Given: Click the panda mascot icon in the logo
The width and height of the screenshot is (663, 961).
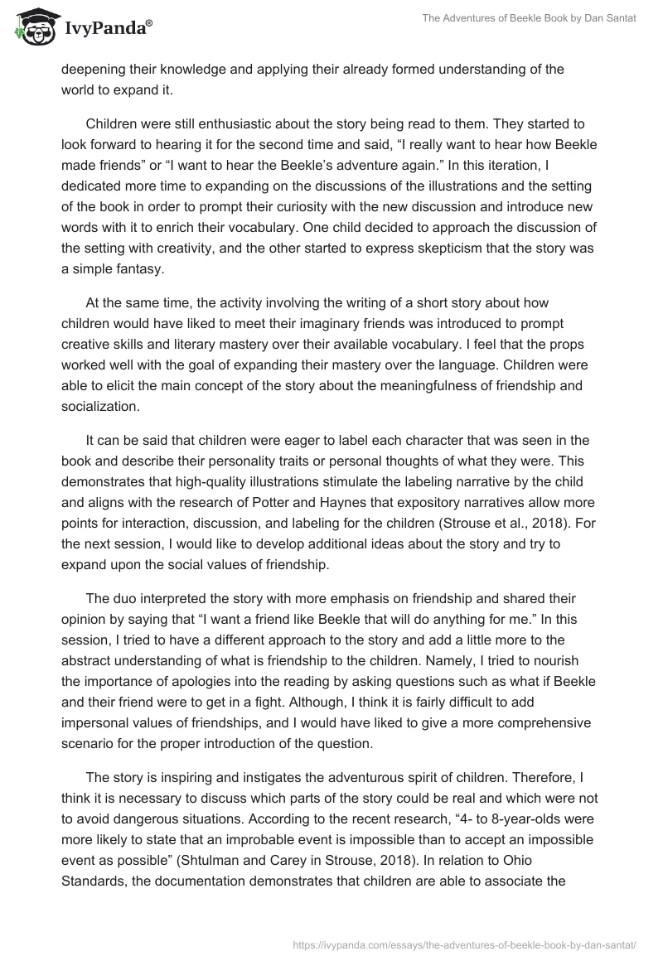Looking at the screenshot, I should pyautogui.click(x=31, y=28).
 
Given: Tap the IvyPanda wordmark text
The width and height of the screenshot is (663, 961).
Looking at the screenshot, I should pyautogui.click(x=103, y=29).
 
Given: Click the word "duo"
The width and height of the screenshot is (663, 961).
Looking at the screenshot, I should pyautogui.click(x=124, y=597).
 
